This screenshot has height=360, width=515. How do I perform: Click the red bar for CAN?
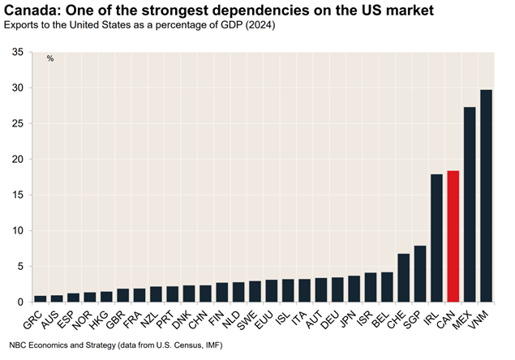tap(453, 236)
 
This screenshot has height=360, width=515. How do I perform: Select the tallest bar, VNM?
tap(486, 195)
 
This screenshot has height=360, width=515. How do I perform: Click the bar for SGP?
tap(420, 273)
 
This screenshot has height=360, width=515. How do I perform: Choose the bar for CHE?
tap(403, 277)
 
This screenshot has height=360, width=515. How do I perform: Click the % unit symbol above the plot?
tap(50, 58)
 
